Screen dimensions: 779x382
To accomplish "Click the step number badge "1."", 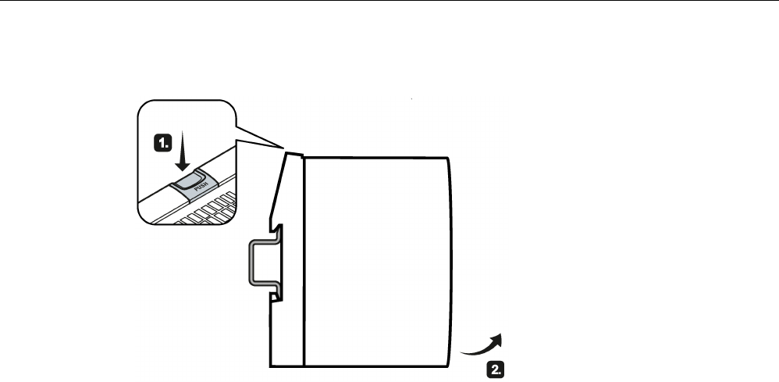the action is click(162, 143).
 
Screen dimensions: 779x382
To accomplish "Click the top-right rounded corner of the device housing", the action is click(448, 159).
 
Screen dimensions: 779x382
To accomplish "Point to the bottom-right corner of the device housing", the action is click(449, 364).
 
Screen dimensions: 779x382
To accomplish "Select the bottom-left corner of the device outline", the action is click(270, 365).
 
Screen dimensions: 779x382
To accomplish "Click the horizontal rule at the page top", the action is click(389, 2).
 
